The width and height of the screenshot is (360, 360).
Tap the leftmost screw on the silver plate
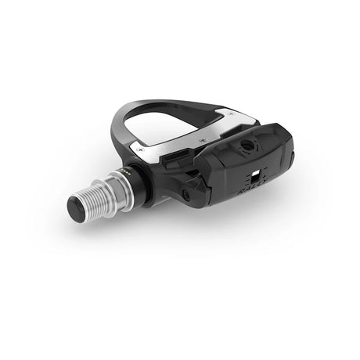click(140, 148)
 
